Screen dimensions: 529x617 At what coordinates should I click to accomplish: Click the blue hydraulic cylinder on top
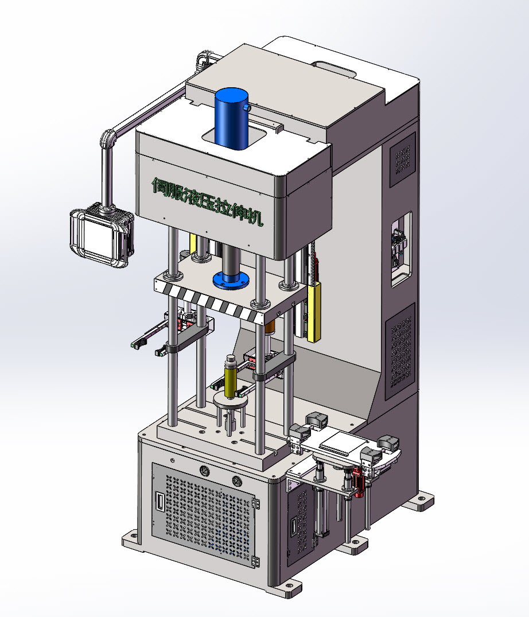(x=232, y=118)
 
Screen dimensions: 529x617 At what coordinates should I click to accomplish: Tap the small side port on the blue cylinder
(x=247, y=107)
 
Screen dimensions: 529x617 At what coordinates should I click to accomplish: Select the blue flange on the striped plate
(x=231, y=280)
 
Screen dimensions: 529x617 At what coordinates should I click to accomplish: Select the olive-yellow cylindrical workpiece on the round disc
(x=230, y=377)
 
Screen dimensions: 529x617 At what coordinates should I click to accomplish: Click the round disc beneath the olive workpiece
(x=230, y=402)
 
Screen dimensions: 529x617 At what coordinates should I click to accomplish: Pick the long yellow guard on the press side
(x=314, y=311)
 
